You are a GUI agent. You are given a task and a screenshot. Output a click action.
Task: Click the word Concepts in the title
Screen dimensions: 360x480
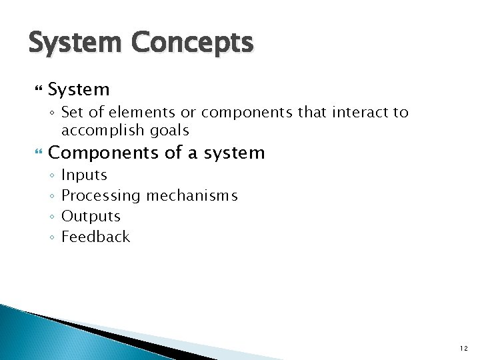coord(192,43)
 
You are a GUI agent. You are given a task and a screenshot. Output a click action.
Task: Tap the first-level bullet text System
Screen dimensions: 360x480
coord(79,89)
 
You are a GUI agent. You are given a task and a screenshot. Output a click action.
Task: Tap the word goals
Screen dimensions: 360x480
coord(169,131)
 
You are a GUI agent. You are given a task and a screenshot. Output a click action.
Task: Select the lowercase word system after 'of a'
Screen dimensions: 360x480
coord(234,153)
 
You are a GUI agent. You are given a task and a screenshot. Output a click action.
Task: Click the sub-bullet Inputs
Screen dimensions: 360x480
coord(84,175)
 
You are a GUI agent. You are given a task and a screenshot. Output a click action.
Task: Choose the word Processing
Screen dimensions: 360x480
coord(101,196)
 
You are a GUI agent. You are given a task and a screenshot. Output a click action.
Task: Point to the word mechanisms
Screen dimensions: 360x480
coord(192,196)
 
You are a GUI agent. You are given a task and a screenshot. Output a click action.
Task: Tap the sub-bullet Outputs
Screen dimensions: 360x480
coord(91,217)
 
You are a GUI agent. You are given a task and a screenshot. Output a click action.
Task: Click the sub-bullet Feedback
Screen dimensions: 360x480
coord(95,237)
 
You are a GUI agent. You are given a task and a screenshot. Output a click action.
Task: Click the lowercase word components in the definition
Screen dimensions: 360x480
coord(247,113)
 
